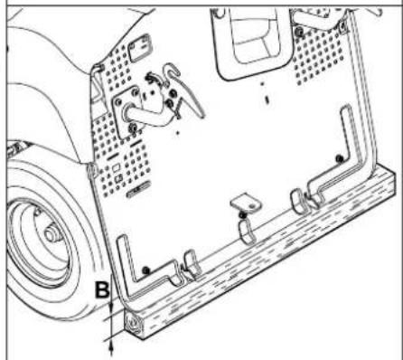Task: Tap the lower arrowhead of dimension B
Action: click(111, 341)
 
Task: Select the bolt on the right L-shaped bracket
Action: click(338, 161)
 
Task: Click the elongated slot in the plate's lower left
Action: click(139, 193)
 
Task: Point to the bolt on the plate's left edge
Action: click(90, 168)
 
